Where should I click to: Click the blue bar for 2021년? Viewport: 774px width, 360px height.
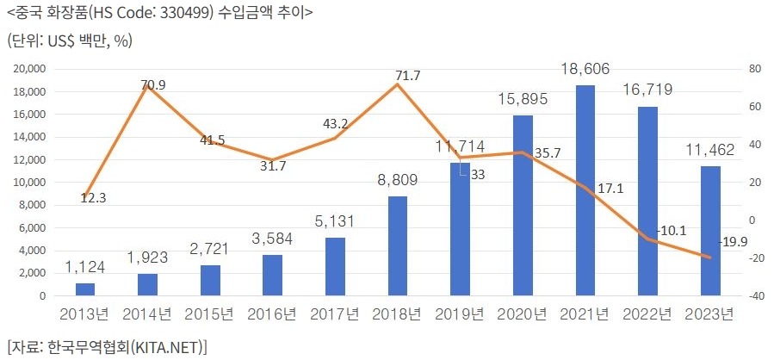pos(585,190)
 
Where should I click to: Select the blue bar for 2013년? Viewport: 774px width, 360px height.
pos(85,289)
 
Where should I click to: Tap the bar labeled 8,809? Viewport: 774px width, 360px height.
pos(398,245)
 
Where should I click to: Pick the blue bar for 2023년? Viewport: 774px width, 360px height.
pos(710,231)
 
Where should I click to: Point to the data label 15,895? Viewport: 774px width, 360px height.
pos(523,101)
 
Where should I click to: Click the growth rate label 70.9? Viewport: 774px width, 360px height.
pos(152,84)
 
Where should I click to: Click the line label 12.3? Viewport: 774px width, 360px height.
pos(93,197)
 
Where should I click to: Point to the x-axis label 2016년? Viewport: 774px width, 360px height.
pos(273,314)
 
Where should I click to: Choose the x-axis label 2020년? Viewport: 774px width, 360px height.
pos(523,314)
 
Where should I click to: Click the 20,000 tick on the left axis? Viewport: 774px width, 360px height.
pos(30,69)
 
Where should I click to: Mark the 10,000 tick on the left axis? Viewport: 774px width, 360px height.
pos(30,183)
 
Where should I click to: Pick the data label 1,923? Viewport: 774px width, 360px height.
pos(148,258)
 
